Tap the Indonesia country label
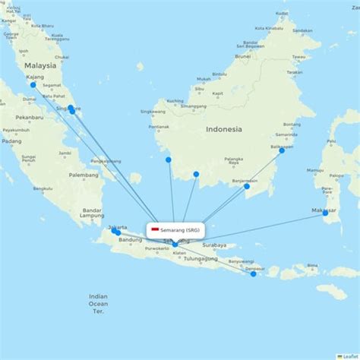tap(223, 129)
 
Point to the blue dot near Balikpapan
tap(282, 150)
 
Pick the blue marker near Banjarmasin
tap(246, 186)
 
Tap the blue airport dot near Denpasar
tap(254, 273)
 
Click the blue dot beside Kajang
tap(33, 85)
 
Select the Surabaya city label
tap(215, 245)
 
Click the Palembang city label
tap(83, 175)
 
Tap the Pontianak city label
tap(159, 126)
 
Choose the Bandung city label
tap(130, 240)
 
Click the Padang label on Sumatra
tap(11, 141)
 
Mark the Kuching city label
tap(175, 100)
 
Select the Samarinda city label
tap(286, 134)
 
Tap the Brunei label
tap(243, 55)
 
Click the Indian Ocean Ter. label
tap(98, 303)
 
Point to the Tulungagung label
tap(199, 259)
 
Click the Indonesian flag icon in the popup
tap(155, 229)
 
